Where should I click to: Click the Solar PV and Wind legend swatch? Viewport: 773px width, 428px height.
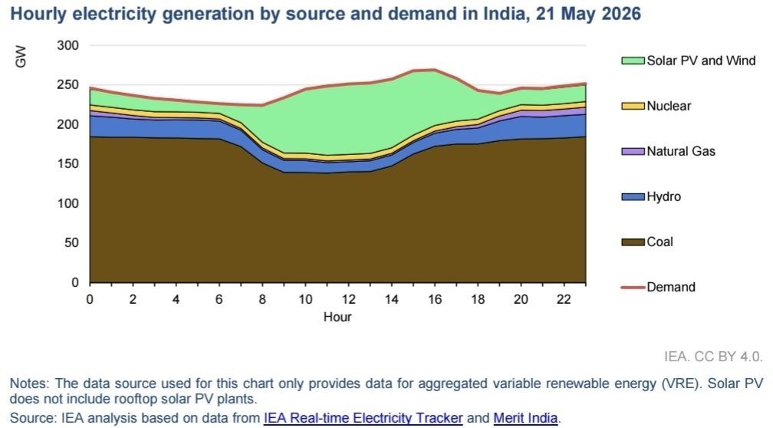click(x=633, y=61)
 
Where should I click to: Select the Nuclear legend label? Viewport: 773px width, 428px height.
click(x=669, y=106)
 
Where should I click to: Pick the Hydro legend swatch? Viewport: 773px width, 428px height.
click(x=633, y=196)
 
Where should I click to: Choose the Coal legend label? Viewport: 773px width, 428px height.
click(x=660, y=242)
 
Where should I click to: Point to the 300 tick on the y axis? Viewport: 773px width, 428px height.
click(x=68, y=45)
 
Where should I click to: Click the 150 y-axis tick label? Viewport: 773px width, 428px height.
click(x=68, y=163)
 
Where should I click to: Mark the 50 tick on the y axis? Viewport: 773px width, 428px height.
click(x=71, y=242)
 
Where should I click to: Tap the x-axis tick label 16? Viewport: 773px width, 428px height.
click(x=435, y=299)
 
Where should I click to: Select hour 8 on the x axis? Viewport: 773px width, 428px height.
click(x=262, y=299)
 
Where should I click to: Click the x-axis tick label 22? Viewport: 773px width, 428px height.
click(x=564, y=299)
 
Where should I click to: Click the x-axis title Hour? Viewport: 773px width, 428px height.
click(x=337, y=317)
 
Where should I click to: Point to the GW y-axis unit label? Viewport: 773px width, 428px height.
click(x=21, y=56)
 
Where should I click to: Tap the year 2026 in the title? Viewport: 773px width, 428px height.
click(x=622, y=14)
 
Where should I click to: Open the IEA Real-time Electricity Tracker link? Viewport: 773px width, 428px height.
click(x=363, y=418)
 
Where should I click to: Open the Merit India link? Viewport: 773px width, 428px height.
click(x=525, y=418)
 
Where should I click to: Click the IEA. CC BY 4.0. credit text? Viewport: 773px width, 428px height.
click(x=713, y=357)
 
